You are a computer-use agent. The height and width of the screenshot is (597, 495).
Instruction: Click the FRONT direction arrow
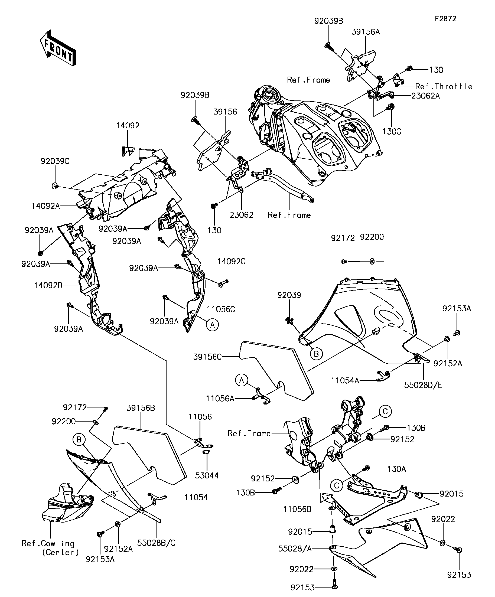pyautogui.click(x=58, y=48)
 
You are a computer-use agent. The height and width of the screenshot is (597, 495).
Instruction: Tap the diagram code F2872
pyautogui.click(x=445, y=19)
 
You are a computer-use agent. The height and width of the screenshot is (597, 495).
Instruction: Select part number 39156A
pyautogui.click(x=365, y=32)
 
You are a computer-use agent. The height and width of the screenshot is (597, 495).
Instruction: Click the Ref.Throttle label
pyautogui.click(x=444, y=86)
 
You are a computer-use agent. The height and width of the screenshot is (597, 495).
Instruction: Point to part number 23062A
pyautogui.click(x=426, y=96)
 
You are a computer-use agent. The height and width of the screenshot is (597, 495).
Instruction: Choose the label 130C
pyautogui.click(x=392, y=132)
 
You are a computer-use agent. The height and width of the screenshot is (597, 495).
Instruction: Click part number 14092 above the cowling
pyautogui.click(x=128, y=125)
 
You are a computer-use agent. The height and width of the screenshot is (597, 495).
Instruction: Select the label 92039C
pyautogui.click(x=55, y=161)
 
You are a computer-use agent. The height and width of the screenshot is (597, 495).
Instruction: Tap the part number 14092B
pyautogui.click(x=48, y=285)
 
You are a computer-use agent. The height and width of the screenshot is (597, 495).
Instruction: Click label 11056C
pyautogui.click(x=221, y=309)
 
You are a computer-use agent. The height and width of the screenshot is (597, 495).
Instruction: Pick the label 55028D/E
pyautogui.click(x=423, y=385)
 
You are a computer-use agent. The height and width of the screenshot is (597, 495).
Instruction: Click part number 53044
pyautogui.click(x=207, y=475)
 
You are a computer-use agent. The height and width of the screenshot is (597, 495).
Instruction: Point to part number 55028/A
pyautogui.click(x=295, y=548)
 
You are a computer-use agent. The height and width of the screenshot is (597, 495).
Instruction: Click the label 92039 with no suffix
pyautogui.click(x=289, y=295)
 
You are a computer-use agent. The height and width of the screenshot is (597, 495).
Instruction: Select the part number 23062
pyautogui.click(x=241, y=215)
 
